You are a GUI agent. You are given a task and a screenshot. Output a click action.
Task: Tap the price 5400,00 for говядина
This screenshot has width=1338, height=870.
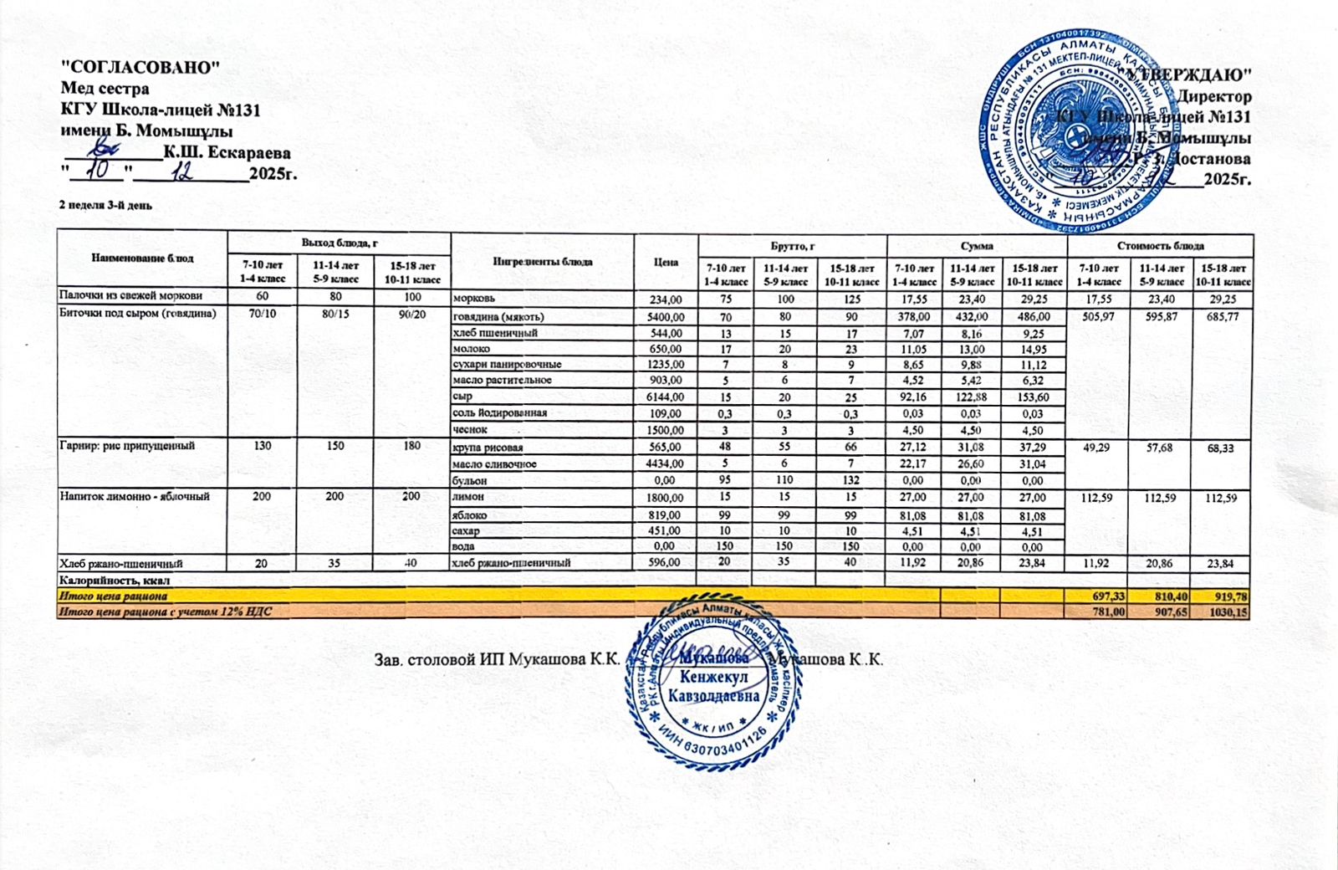[x=665, y=317]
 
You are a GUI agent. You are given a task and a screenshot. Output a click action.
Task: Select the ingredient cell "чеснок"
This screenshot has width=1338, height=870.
[x=470, y=430]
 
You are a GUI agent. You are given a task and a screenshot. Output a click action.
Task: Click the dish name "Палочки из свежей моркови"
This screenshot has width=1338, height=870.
[x=131, y=295]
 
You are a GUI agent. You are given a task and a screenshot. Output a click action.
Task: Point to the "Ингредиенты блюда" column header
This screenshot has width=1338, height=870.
[x=543, y=261]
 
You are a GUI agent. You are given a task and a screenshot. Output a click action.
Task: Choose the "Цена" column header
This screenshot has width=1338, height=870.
[x=666, y=261]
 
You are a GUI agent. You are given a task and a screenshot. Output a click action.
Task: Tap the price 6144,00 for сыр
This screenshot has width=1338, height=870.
[x=665, y=397]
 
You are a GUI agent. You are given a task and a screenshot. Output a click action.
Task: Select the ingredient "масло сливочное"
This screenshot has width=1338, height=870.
[x=494, y=464]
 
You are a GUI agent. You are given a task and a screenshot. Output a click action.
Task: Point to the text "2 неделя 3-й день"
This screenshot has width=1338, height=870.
[x=105, y=205]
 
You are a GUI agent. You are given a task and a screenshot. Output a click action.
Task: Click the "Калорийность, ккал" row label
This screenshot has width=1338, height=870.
[x=115, y=579]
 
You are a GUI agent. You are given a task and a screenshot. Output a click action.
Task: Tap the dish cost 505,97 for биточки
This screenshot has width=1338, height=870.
[x=1098, y=317]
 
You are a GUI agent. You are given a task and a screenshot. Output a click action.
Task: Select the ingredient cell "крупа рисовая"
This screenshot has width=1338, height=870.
[x=488, y=448]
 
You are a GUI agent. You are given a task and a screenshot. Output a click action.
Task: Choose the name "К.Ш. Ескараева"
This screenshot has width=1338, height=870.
[x=227, y=153]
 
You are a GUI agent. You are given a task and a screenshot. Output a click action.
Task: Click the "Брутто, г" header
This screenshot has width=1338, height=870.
[x=792, y=246]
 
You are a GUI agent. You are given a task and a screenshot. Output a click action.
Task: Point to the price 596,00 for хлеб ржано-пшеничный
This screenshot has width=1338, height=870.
[x=665, y=563]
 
